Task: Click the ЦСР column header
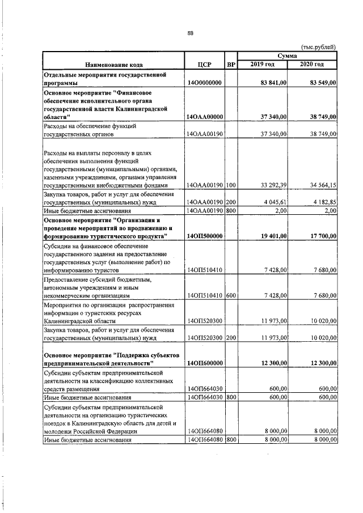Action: tap(205, 65)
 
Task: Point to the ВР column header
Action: tap(231, 65)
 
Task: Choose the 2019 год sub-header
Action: tap(262, 65)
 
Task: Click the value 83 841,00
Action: tap(273, 83)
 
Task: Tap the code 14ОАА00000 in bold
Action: tap(205, 117)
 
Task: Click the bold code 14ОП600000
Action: tap(205, 363)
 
